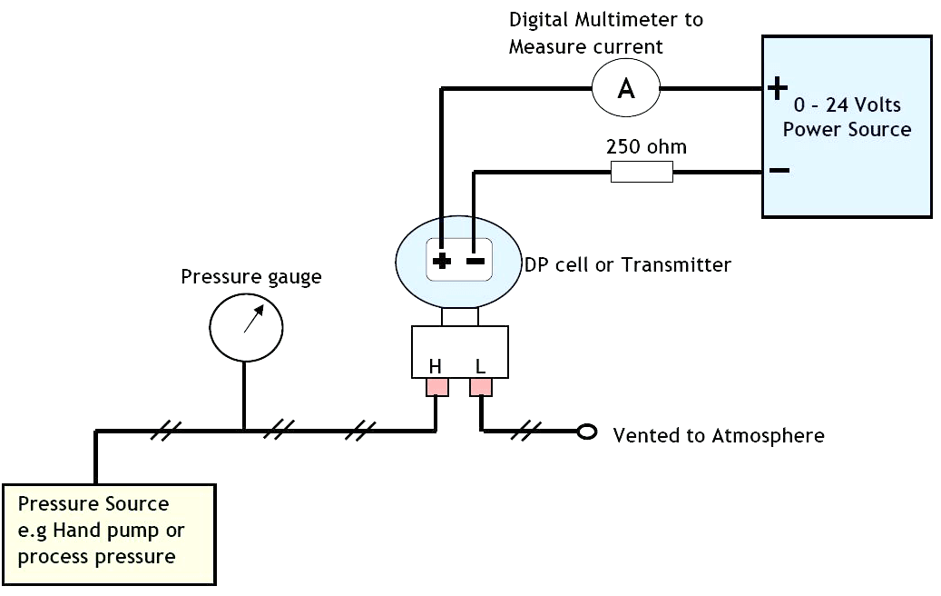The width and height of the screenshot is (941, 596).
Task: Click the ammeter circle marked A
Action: tap(626, 87)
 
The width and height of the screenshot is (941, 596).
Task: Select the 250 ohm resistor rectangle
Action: tap(642, 172)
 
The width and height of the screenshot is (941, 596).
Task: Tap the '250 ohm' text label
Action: tap(646, 146)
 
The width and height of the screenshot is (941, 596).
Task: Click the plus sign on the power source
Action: tap(778, 87)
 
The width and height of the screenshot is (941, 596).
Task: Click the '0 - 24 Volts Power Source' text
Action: tap(847, 117)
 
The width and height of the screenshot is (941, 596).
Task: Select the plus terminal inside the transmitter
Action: tap(442, 262)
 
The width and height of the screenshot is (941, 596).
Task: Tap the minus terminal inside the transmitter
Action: tap(475, 262)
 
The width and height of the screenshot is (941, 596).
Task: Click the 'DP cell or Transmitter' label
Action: tap(627, 265)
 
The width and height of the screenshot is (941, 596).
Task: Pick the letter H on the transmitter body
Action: tap(436, 367)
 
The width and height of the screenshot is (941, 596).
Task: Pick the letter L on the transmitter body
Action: tap(480, 367)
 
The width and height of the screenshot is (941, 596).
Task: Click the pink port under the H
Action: tap(437, 388)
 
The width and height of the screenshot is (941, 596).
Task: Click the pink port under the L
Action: tap(481, 388)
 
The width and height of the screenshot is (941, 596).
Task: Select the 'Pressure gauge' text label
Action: tap(250, 276)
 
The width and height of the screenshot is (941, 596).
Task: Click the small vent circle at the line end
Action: tap(587, 432)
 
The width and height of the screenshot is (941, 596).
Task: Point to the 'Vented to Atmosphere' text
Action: tap(719, 435)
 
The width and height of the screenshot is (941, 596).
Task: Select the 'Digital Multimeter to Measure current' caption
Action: tap(605, 33)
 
